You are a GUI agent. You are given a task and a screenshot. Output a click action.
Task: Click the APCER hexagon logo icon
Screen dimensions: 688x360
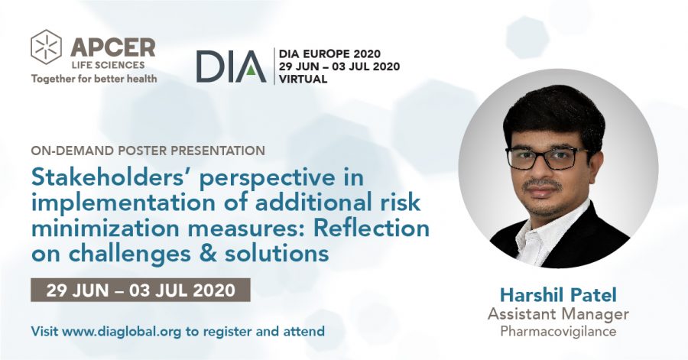coord(46,47)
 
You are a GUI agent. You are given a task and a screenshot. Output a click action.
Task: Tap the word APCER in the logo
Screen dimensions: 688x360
coord(113,47)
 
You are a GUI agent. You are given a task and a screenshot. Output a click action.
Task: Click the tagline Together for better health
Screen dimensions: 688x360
coord(94,79)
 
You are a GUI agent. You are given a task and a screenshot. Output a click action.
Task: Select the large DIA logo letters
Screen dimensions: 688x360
coord(231,66)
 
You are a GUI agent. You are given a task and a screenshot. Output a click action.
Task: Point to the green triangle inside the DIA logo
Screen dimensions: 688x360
coord(250,70)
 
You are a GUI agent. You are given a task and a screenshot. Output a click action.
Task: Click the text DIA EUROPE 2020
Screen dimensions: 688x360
coord(330,54)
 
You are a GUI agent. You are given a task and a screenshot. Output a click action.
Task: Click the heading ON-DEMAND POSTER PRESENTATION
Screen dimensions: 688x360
coord(148,151)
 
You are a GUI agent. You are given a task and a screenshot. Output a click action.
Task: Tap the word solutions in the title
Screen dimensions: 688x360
coord(277,254)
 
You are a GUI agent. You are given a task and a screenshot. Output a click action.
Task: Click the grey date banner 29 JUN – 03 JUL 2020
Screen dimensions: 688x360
coord(141,290)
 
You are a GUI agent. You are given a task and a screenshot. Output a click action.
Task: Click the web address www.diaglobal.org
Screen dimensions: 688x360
coord(122,331)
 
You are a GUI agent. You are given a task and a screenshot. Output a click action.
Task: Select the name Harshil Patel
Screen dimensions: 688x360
coord(558,295)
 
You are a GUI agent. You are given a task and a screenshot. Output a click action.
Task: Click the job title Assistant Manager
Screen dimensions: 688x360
coord(558,314)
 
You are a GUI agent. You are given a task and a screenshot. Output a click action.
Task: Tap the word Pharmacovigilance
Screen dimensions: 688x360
coord(558,331)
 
